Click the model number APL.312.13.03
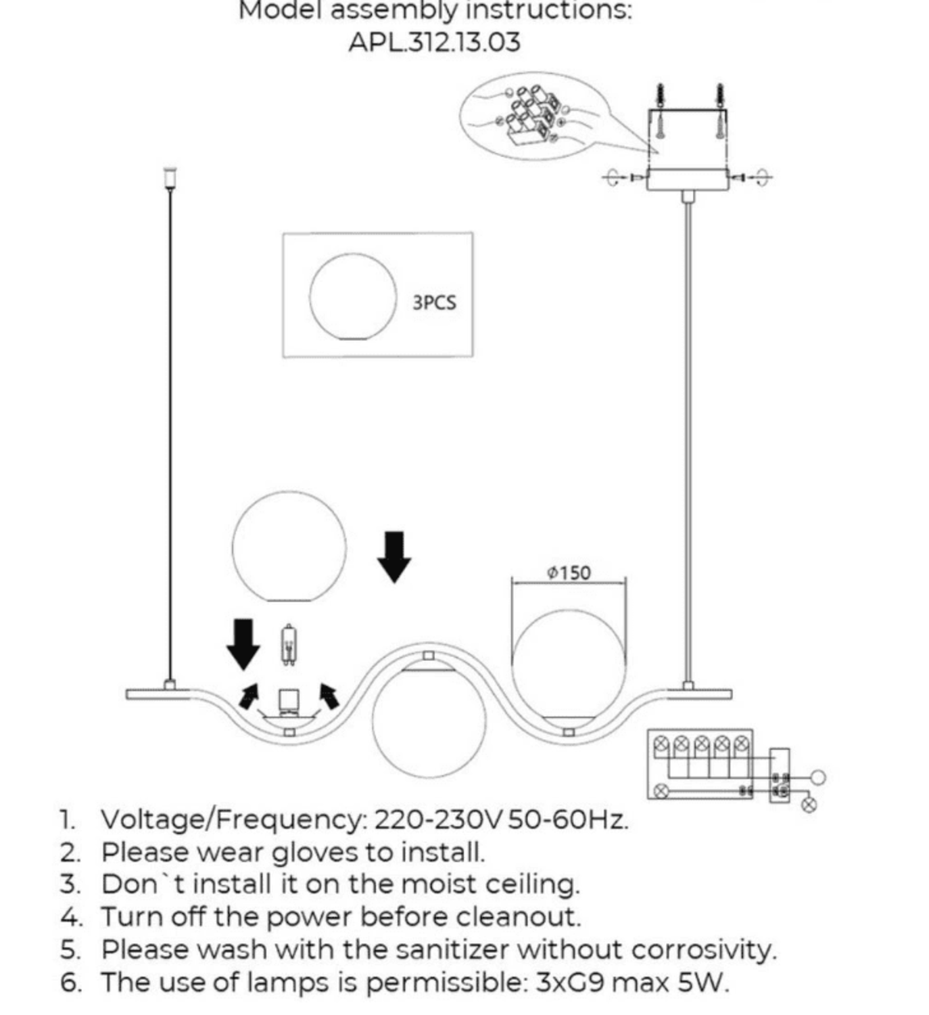(434, 43)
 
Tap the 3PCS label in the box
(434, 302)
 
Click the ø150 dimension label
(569, 573)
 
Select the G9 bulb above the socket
(289, 645)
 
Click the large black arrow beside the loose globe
(394, 556)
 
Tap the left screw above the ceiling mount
(660, 112)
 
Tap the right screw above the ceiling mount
(720, 112)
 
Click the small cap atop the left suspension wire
(170, 177)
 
